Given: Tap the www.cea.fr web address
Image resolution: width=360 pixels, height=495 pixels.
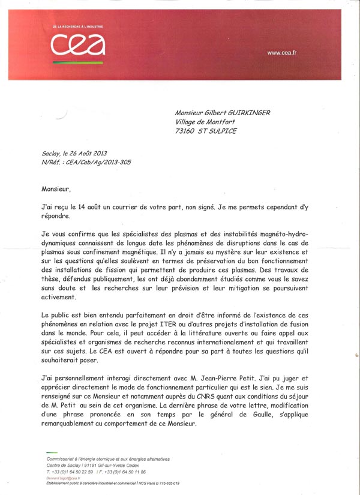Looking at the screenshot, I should click(282, 53).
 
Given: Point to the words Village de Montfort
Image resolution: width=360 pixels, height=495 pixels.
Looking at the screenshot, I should click(201, 122).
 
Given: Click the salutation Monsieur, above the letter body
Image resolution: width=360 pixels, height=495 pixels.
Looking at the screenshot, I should click(56, 189).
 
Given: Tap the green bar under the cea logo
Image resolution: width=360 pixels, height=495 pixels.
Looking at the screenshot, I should click(78, 62).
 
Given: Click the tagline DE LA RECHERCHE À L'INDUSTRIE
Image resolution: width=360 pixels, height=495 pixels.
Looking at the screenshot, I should click(79, 26).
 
